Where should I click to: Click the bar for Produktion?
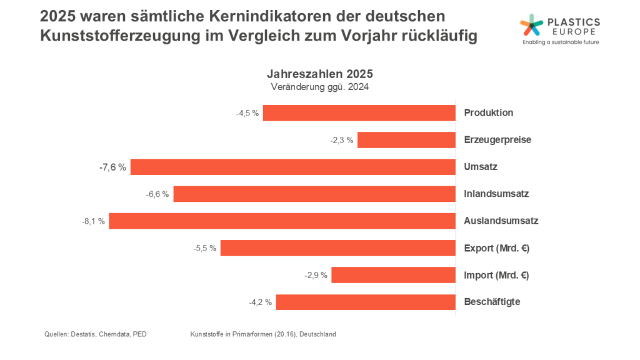coord(359,113)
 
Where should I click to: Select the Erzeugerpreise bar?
coord(406,140)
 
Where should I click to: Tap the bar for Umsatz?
coord(292,167)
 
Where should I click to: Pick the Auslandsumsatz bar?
coord(282,221)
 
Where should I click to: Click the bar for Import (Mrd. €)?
coord(393,275)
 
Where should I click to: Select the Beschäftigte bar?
coord(366,302)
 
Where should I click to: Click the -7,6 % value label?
coord(112,167)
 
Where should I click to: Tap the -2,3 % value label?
coord(342,140)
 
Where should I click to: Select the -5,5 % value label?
coord(205,248)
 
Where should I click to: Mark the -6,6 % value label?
coord(157,194)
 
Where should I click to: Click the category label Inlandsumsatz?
coord(496,194)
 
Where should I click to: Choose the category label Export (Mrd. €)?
coord(497,248)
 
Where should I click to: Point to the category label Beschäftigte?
coord(492,302)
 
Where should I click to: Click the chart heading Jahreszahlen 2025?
coord(320,74)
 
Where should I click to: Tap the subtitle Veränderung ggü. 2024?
coord(320,87)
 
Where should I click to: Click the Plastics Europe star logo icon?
coord(532,25)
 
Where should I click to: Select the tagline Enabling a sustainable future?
coord(560,43)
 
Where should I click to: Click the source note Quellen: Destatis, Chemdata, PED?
coord(96,334)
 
